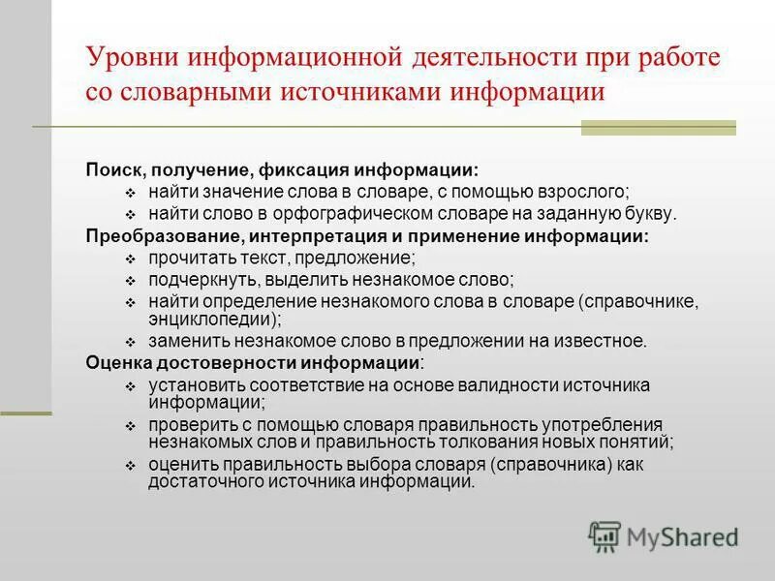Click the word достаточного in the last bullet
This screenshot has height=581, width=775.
pyautogui.click(x=200, y=481)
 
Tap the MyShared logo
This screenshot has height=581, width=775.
pyautogui.click(x=664, y=535)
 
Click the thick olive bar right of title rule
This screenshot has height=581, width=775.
pyautogui.click(x=658, y=127)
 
